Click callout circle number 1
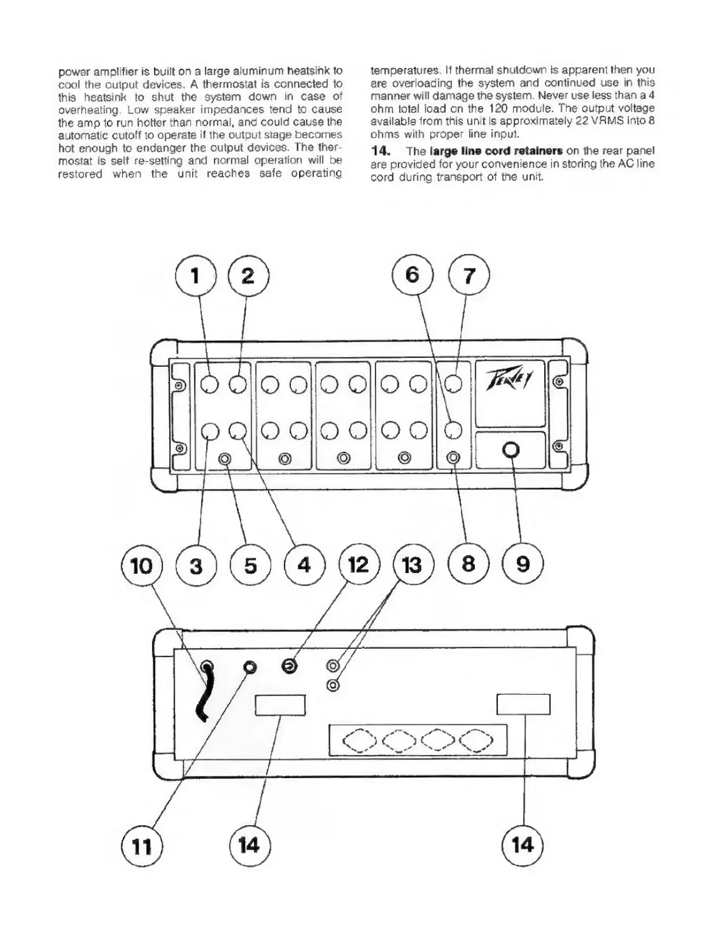coord(196,276)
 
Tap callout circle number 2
coord(248,276)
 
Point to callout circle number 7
coord(468,276)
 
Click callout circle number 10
coord(142,566)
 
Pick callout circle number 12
coord(359,565)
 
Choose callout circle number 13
coord(413,565)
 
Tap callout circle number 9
coord(523,565)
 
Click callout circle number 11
coord(142,846)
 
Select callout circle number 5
coord(250,565)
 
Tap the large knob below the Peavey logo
coord(511,450)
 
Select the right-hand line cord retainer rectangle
coord(523,704)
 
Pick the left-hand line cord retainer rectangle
coord(280,705)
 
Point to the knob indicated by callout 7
coord(453,384)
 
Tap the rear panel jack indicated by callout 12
coord(289,667)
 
